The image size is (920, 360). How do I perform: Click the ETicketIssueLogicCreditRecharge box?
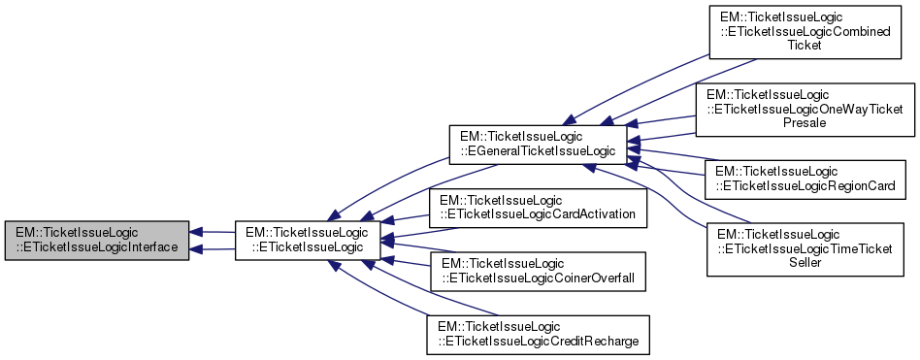[x=538, y=335]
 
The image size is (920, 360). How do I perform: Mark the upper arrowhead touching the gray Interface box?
[x=197, y=232]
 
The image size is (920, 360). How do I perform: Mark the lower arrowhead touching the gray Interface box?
[x=197, y=249]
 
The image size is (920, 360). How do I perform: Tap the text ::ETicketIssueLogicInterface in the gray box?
[x=97, y=247]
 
